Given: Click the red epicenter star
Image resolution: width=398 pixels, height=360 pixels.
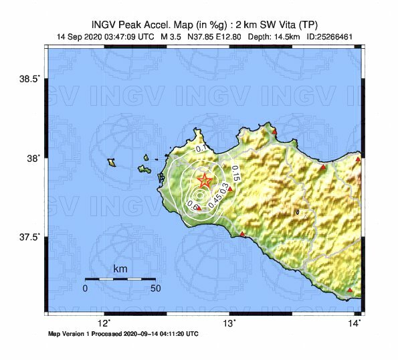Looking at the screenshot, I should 205,181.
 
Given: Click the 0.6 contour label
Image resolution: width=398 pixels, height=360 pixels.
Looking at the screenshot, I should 191,204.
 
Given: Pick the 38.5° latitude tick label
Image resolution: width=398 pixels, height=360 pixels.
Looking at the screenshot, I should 31,79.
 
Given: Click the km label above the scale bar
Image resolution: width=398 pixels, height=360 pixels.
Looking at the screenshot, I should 120,269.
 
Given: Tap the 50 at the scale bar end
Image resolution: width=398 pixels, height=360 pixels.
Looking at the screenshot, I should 155,288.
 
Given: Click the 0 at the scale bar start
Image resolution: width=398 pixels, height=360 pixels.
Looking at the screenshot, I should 85,288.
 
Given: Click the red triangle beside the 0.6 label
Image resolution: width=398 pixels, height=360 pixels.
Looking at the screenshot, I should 199,208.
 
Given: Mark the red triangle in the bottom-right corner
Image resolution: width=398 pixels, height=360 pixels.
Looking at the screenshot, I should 350,290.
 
